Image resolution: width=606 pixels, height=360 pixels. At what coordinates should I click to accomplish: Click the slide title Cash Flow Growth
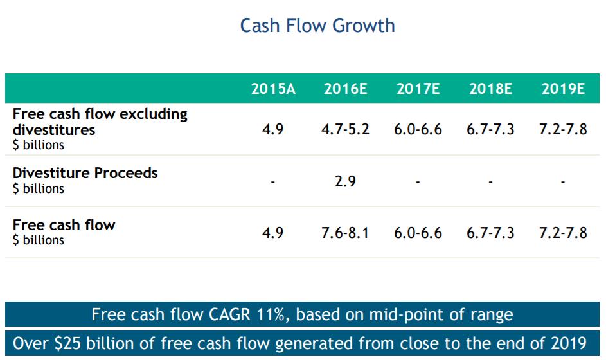coord(317,26)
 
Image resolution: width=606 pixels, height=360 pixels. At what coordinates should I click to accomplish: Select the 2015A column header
coord(272,89)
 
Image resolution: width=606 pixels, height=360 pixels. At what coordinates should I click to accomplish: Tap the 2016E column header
coord(345,89)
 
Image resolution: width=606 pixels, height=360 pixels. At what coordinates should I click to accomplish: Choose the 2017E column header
coord(418,89)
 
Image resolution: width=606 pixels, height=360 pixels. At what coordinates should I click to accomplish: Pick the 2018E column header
coord(490,89)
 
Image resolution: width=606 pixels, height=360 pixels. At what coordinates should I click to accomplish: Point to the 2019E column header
coord(563,89)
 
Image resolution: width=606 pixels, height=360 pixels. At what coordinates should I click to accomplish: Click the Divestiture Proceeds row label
coord(85,173)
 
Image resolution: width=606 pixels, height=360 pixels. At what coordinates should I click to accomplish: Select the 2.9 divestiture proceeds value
coord(345,181)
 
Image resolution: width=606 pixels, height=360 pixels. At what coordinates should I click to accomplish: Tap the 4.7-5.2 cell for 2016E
coord(345,129)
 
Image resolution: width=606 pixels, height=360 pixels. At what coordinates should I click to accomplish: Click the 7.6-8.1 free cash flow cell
coord(345,233)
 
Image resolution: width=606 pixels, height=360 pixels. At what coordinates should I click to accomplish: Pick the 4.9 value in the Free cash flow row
coord(272,233)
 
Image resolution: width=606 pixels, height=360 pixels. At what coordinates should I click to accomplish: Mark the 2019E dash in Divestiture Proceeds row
coord(563,182)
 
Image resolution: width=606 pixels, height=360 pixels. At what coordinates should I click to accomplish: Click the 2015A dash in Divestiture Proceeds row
coord(272,182)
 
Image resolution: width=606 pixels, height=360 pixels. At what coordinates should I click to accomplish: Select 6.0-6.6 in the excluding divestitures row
coord(418,129)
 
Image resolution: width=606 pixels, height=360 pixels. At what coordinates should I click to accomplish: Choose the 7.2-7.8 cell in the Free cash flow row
coord(563,233)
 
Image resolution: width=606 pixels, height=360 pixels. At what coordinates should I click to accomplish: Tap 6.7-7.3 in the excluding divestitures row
coord(490,129)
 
